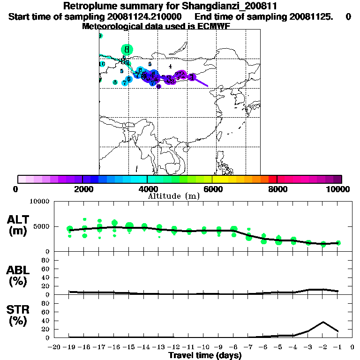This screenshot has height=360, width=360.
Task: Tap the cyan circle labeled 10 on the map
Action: click(102, 64)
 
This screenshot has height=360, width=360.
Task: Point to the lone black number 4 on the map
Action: click(170, 67)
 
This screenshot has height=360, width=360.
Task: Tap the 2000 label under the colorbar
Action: click(82, 189)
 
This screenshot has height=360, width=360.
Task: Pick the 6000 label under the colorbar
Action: click(212, 189)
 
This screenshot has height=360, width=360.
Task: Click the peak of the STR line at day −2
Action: click(323, 322)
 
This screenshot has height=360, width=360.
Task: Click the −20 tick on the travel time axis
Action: click(54, 347)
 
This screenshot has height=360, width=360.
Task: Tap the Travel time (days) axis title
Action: click(205, 356)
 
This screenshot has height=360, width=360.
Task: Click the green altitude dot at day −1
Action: click(338, 243)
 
